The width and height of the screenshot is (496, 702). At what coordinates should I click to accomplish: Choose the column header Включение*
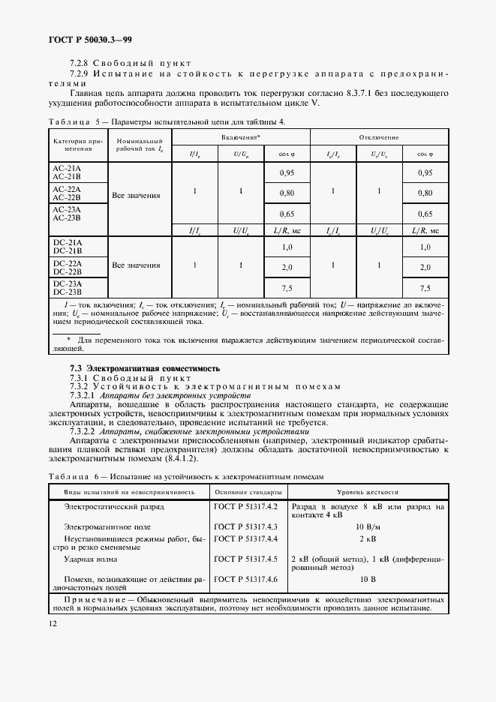click(x=240, y=137)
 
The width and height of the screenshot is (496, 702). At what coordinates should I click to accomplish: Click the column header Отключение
click(x=378, y=137)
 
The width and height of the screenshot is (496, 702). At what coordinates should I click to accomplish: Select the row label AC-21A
click(x=68, y=168)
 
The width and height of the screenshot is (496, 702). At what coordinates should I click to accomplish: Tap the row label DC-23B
click(x=68, y=292)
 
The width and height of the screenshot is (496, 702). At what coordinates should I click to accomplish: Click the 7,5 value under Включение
click(x=287, y=288)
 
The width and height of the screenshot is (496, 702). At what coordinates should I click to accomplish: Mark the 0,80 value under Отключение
click(x=425, y=193)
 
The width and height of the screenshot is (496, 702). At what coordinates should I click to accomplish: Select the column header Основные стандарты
click(x=248, y=492)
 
